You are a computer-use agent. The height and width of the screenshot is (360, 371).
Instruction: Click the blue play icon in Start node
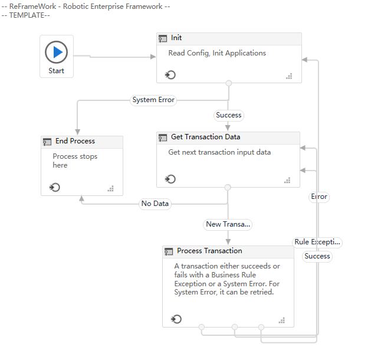point(57,53)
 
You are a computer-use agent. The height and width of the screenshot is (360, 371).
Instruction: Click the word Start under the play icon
point(57,71)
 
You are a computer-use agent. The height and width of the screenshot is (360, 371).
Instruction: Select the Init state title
point(176,38)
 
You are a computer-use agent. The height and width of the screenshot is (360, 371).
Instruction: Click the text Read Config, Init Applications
point(217,53)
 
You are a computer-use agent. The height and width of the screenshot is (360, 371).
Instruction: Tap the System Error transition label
point(153,100)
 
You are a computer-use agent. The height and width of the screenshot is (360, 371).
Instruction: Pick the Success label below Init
point(228,115)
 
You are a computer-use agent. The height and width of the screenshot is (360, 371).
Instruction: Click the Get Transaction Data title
point(205,138)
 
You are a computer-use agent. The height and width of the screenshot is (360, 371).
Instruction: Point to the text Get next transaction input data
point(219,152)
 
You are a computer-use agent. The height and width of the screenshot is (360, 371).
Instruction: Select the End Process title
point(75,141)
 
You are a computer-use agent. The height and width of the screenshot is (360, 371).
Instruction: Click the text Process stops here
point(75,161)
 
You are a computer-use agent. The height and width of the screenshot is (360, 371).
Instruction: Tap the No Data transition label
point(155,204)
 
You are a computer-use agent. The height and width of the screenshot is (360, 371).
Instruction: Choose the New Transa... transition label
point(228,224)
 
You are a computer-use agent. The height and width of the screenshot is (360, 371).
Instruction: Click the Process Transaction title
point(209,251)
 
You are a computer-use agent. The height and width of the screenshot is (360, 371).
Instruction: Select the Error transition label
point(319,197)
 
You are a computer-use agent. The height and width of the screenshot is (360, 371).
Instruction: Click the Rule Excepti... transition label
point(318,242)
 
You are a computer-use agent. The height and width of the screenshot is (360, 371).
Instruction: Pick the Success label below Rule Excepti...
point(317,256)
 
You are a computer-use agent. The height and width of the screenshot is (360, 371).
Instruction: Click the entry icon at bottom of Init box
point(170,75)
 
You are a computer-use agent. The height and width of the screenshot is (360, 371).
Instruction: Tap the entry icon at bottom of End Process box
point(55,188)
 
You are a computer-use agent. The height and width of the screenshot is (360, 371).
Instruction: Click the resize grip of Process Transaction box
point(282,320)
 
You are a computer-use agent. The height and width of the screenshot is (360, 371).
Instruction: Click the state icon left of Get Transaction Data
point(163,138)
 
